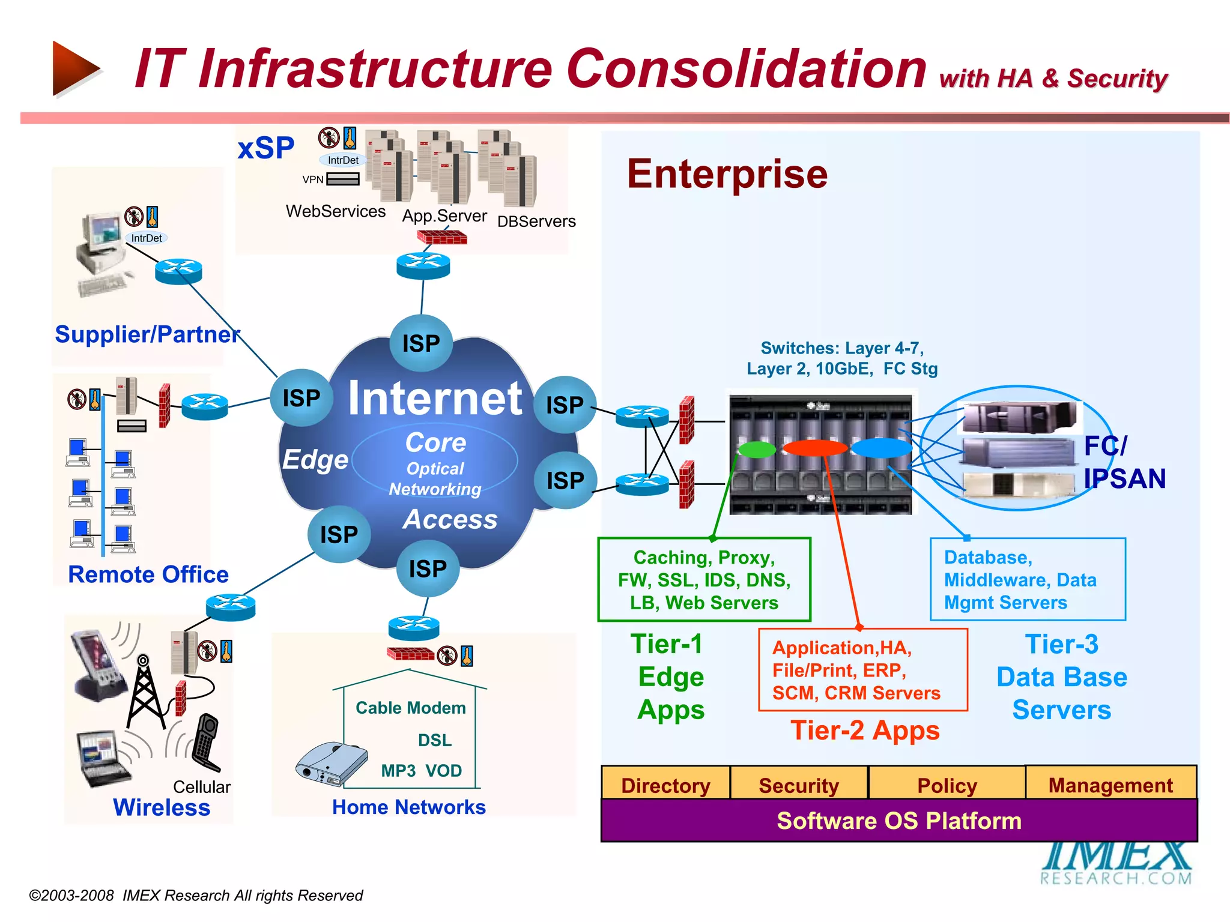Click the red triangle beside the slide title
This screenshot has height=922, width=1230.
(74, 68)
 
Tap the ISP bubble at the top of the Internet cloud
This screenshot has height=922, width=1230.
(421, 343)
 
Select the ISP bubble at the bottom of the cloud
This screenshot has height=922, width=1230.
(428, 568)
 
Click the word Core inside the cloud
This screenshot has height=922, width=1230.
(435, 443)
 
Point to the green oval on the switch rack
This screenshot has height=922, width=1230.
(757, 449)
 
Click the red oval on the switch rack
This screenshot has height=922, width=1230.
(815, 448)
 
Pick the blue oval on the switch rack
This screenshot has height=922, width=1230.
(881, 448)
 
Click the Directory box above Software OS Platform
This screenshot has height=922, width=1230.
(665, 785)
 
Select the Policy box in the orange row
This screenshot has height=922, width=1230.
(947, 785)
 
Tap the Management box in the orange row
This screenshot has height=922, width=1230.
(1110, 785)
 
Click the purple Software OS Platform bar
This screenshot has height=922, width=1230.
(899, 821)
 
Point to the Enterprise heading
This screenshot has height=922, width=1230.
(727, 174)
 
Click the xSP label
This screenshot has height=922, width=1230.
(266, 148)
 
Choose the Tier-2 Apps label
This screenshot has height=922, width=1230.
(865, 731)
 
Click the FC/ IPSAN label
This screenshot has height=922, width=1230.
(1124, 462)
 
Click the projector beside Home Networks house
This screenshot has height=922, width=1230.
(331, 764)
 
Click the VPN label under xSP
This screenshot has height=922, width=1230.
(313, 179)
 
